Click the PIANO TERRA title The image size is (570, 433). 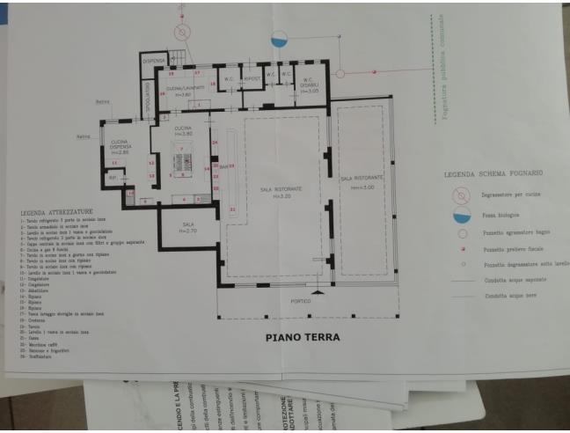pyautogui.click(x=302, y=337)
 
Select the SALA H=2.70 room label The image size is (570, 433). pyautogui.click(x=187, y=226)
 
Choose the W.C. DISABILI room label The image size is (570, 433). pyautogui.click(x=308, y=87)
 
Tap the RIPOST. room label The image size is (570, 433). pyautogui.click(x=254, y=78)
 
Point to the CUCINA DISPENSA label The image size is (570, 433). pyautogui.click(x=121, y=147)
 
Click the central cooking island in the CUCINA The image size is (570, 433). pyautogui.click(x=184, y=162)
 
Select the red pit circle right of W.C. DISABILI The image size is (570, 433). pyautogui.click(x=341, y=74)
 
